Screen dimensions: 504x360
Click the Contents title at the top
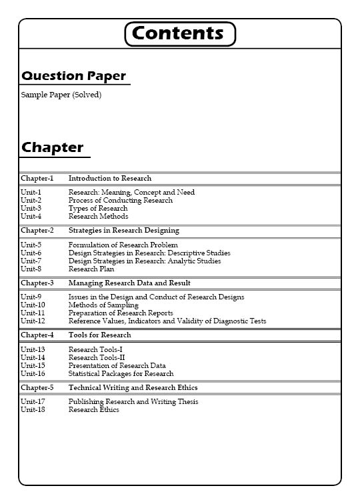(x=180, y=33)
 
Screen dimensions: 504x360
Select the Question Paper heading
(x=73, y=76)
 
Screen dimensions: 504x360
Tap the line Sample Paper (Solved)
(x=61, y=95)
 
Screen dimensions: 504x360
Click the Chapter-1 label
(x=37, y=179)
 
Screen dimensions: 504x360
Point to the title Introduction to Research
(x=110, y=179)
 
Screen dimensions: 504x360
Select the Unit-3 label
(x=31, y=209)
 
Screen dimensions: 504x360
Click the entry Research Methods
(x=98, y=217)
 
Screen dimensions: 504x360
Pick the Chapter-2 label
(x=37, y=231)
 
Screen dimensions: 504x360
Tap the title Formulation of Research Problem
(x=123, y=245)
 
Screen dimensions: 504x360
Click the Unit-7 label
(x=31, y=261)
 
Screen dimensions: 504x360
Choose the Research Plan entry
(x=91, y=269)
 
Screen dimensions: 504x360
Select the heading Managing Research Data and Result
(x=129, y=283)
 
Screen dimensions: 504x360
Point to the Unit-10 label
(x=33, y=305)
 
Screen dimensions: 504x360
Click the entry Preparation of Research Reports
(x=121, y=313)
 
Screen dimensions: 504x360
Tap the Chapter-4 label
(x=37, y=335)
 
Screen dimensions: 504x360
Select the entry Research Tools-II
(x=97, y=358)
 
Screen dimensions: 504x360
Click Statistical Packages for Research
(x=121, y=374)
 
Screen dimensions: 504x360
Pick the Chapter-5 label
(x=37, y=387)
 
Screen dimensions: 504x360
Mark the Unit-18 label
(x=33, y=410)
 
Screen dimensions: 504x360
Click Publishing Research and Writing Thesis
(x=133, y=402)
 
